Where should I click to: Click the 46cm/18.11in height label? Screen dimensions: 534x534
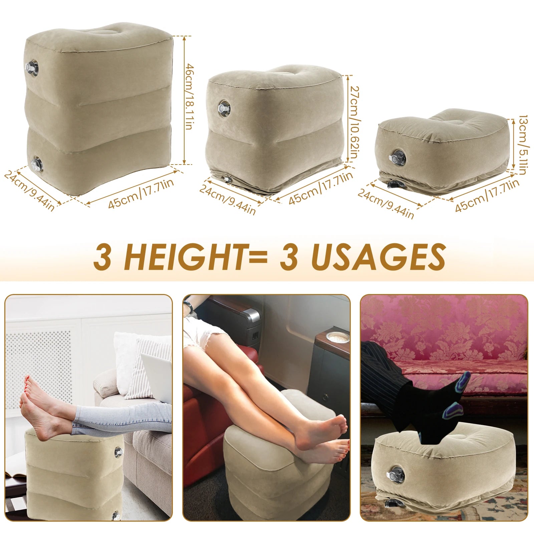point(189,96)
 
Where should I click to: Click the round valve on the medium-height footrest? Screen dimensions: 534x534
point(223,108)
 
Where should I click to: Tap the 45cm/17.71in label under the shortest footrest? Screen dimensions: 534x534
point(487,196)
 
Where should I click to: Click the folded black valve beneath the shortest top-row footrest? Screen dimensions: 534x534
point(395,185)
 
